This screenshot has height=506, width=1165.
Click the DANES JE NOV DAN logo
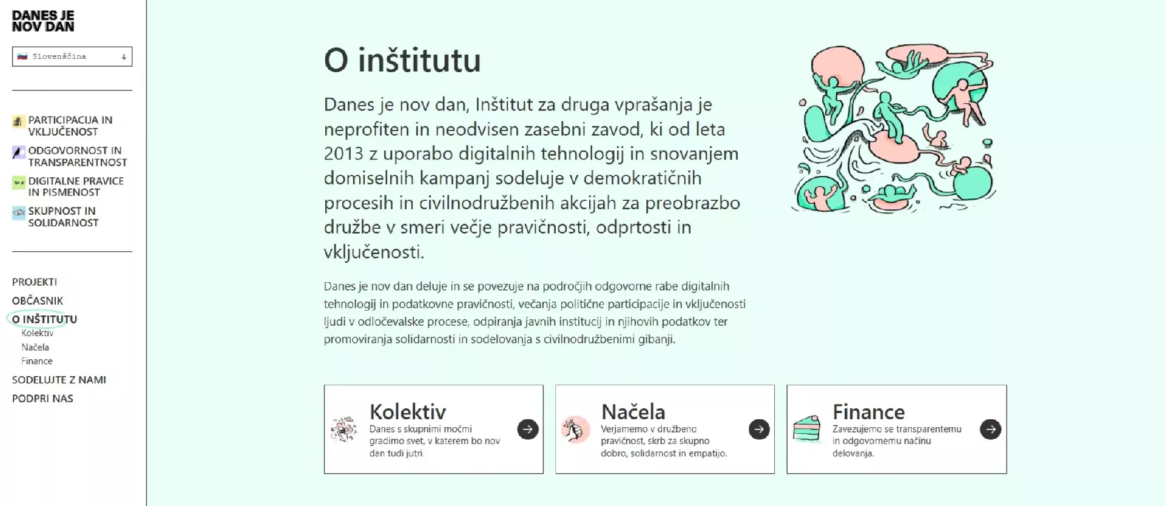coord(43,21)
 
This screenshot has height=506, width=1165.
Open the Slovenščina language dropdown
coord(72,56)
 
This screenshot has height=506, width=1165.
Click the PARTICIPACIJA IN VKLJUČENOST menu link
coord(70,126)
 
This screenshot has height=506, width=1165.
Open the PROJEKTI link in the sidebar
coord(35,282)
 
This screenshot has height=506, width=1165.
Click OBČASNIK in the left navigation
coord(38,301)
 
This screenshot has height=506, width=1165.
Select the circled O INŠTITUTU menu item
coord(44,319)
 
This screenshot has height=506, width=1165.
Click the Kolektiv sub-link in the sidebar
coord(38,333)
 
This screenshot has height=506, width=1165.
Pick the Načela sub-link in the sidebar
coord(35,347)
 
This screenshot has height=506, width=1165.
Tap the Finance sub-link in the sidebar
coord(37,361)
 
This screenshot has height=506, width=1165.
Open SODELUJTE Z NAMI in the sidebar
coord(59,380)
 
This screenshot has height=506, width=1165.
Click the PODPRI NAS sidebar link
coord(42,399)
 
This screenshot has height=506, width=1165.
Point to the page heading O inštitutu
coord(402,60)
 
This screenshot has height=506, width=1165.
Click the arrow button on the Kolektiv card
coord(528,430)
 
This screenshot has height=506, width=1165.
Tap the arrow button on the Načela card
coord(759,430)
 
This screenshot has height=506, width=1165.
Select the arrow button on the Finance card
coord(991,430)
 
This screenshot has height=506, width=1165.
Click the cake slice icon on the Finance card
coord(807,429)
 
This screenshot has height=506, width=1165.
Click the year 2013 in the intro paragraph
coord(344,153)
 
